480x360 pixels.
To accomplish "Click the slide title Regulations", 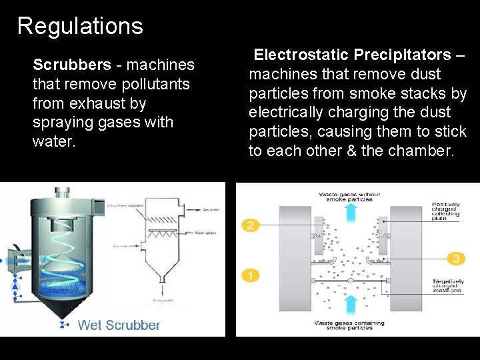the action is [x=80, y=26].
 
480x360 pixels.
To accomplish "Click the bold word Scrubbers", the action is [x=72, y=65].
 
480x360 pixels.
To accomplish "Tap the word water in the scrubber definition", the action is [x=51, y=142].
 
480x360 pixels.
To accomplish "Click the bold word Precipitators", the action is [x=403, y=54].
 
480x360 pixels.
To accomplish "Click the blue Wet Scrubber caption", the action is [x=119, y=325].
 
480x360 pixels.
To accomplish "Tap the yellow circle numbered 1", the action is [x=250, y=275].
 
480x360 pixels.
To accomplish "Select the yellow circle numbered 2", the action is [x=250, y=225].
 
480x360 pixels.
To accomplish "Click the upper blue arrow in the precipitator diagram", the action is [x=350, y=211].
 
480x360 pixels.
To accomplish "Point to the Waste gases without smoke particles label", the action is [x=349, y=196].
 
